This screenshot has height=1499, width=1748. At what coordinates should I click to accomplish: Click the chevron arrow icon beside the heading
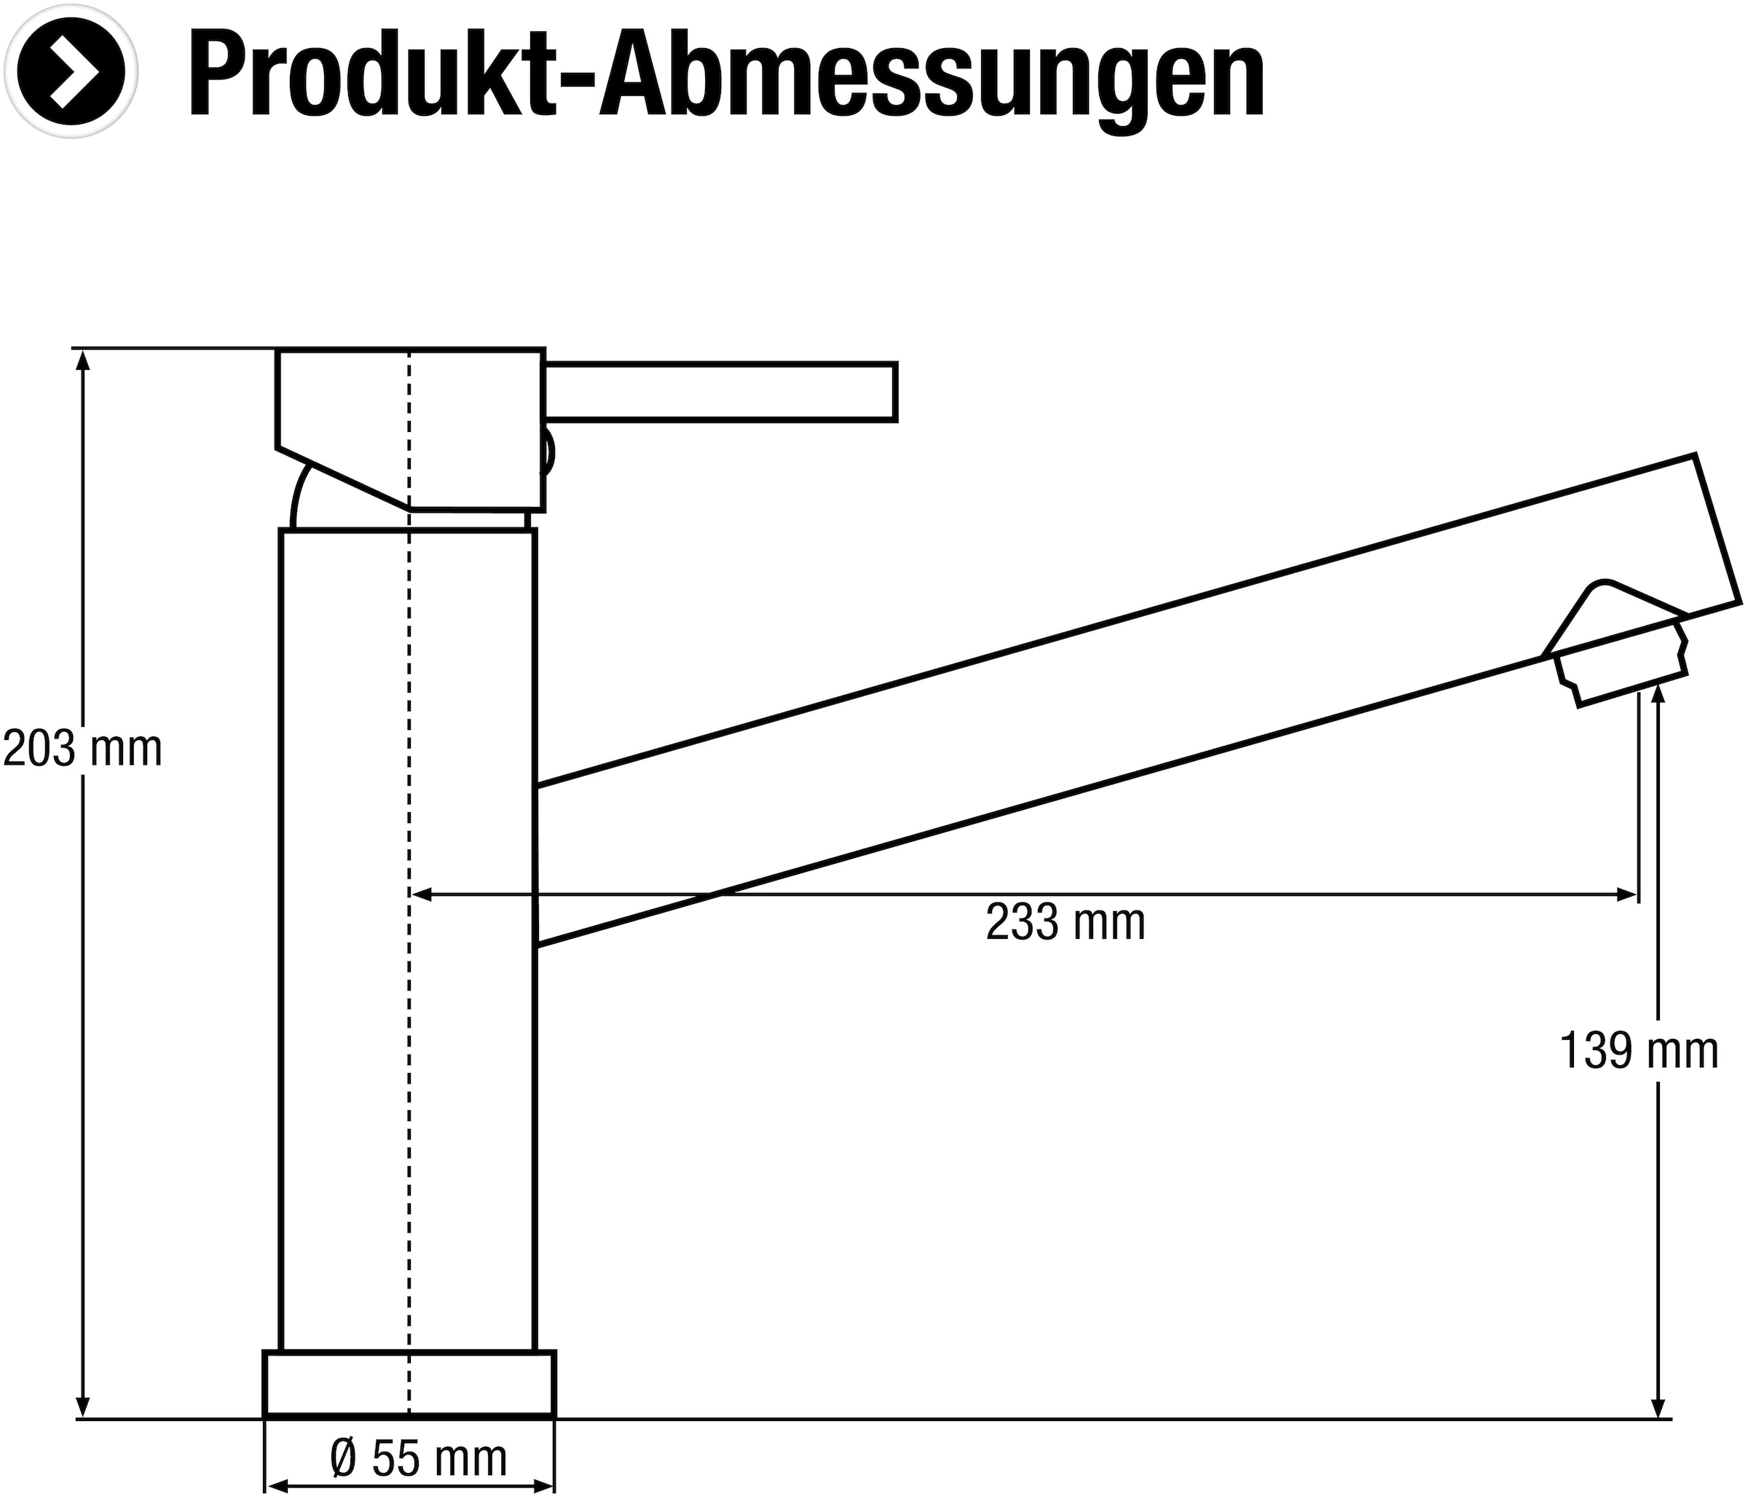[71, 71]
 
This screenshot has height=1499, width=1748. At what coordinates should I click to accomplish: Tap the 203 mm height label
[83, 749]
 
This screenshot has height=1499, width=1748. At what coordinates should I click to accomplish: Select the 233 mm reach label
[1066, 922]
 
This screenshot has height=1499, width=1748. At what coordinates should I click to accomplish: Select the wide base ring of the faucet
[409, 1382]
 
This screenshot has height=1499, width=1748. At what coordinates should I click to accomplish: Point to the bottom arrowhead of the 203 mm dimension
[83, 1406]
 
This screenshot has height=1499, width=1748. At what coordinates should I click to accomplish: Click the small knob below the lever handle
[548, 453]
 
